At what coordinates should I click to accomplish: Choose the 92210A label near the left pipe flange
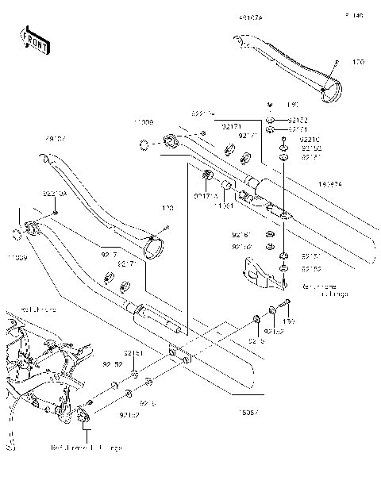click(54, 193)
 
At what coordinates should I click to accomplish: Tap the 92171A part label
click(205, 195)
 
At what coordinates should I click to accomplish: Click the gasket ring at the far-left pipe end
click(16, 233)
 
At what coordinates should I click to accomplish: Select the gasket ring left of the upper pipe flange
click(144, 144)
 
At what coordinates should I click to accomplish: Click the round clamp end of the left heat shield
click(153, 244)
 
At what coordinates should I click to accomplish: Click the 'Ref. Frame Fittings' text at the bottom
click(96, 448)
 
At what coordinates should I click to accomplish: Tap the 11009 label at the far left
click(18, 259)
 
